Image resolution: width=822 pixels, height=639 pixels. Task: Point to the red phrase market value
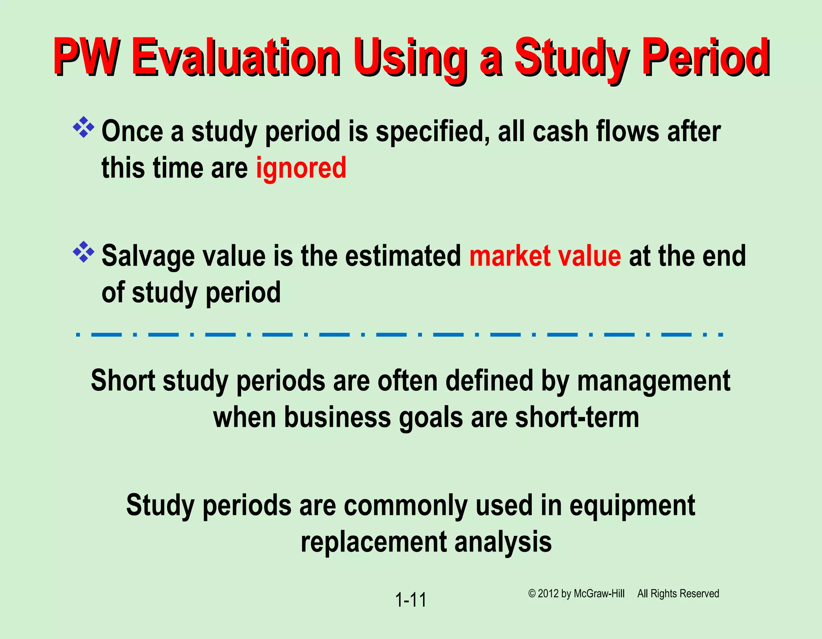tap(545, 256)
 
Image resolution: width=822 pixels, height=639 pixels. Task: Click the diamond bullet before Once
tap(83, 128)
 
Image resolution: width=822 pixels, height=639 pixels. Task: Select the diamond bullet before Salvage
tap(83, 252)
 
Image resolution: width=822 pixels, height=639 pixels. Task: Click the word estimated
tap(403, 256)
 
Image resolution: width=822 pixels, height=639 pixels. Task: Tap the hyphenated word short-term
tap(577, 418)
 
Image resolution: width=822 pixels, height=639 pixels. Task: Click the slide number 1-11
tap(411, 600)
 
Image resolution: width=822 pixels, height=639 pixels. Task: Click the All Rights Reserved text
tap(678, 594)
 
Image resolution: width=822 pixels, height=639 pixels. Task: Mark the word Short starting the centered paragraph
tap(123, 381)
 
